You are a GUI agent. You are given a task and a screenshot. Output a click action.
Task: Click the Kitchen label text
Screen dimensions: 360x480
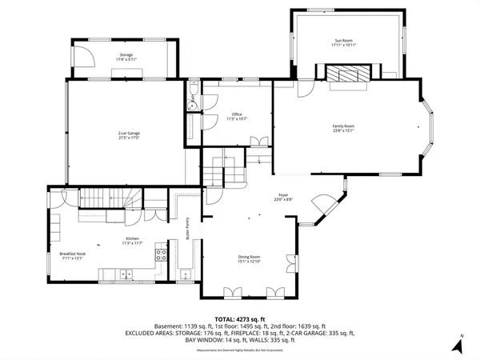click(x=132, y=241)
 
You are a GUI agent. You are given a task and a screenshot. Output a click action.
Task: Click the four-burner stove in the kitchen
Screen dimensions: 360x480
click(x=160, y=256)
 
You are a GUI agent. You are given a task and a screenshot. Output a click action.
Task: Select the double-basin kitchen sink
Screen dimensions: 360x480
click(x=126, y=275)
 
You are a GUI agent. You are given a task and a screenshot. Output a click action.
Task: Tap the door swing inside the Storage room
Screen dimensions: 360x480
click(x=80, y=54)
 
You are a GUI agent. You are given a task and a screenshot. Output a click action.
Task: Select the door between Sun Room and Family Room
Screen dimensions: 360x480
click(x=306, y=88)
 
